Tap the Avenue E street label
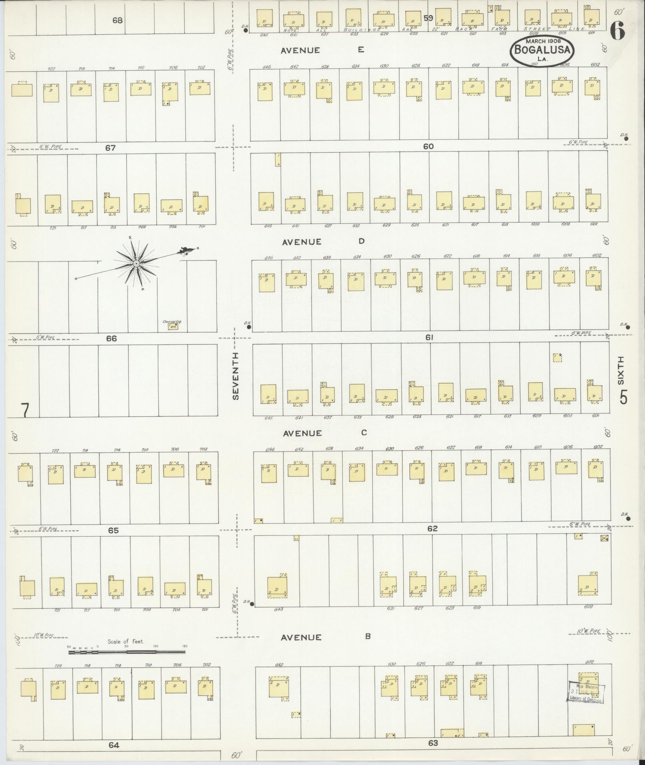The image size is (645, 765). (x=322, y=50)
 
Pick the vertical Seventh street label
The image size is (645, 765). (x=236, y=376)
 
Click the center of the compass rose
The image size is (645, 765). (x=136, y=264)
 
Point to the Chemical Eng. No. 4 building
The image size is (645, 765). (x=173, y=326)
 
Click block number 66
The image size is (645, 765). (x=111, y=338)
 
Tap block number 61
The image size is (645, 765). (x=429, y=338)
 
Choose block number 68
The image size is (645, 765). (x=117, y=20)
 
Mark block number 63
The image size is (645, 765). (x=433, y=743)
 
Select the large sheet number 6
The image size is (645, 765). (x=618, y=31)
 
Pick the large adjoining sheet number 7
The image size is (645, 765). (x=25, y=411)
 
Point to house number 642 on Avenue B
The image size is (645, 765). (x=279, y=665)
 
